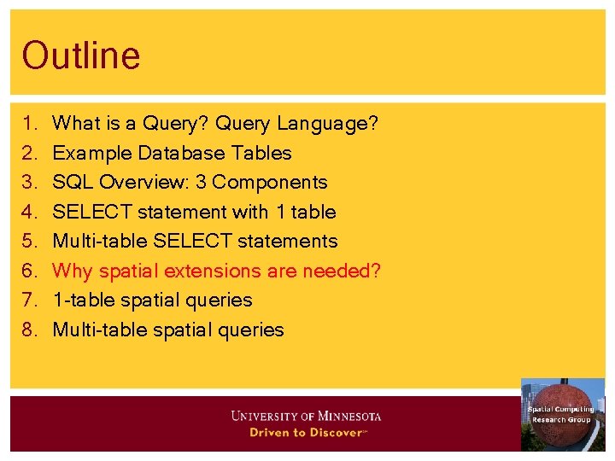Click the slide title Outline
tap(81, 56)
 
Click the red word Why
tap(73, 271)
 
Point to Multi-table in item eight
tap(99, 330)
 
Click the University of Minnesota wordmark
tap(306, 417)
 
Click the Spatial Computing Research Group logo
tap(562, 414)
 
